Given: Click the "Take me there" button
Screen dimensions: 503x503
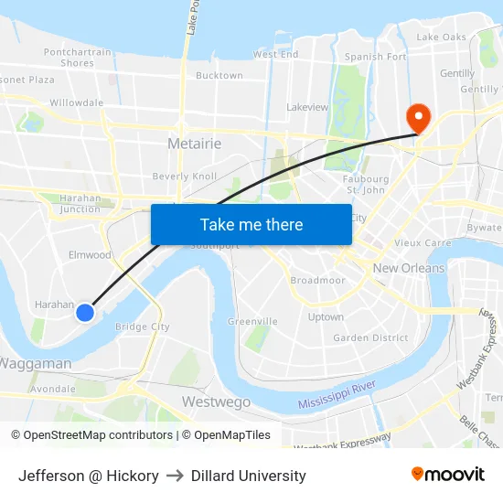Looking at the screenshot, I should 251,224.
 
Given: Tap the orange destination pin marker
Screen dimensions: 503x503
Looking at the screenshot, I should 419,116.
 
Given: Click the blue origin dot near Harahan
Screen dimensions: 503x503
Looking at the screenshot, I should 84,313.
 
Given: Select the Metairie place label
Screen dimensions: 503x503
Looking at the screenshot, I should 195,144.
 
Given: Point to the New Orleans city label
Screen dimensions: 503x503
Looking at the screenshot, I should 409,268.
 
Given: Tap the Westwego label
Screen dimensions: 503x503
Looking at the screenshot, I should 216,401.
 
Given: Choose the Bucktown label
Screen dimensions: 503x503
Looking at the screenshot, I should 219,76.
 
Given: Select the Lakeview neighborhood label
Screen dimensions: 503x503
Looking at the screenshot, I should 307,107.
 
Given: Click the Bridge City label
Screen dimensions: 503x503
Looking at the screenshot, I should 143,326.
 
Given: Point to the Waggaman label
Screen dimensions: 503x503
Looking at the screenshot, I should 35,363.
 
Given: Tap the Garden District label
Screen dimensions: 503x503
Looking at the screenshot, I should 370,337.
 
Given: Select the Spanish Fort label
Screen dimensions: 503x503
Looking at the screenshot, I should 375,57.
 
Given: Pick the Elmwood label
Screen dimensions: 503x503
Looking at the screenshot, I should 90,255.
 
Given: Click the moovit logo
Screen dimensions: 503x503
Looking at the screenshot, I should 448,474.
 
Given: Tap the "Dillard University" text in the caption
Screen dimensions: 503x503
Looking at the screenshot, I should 249,476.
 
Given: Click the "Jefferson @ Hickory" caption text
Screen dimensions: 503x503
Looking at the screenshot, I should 89,476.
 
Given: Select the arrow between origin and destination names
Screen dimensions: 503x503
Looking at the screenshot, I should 175,476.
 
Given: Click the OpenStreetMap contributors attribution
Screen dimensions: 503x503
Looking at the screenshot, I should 98,435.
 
